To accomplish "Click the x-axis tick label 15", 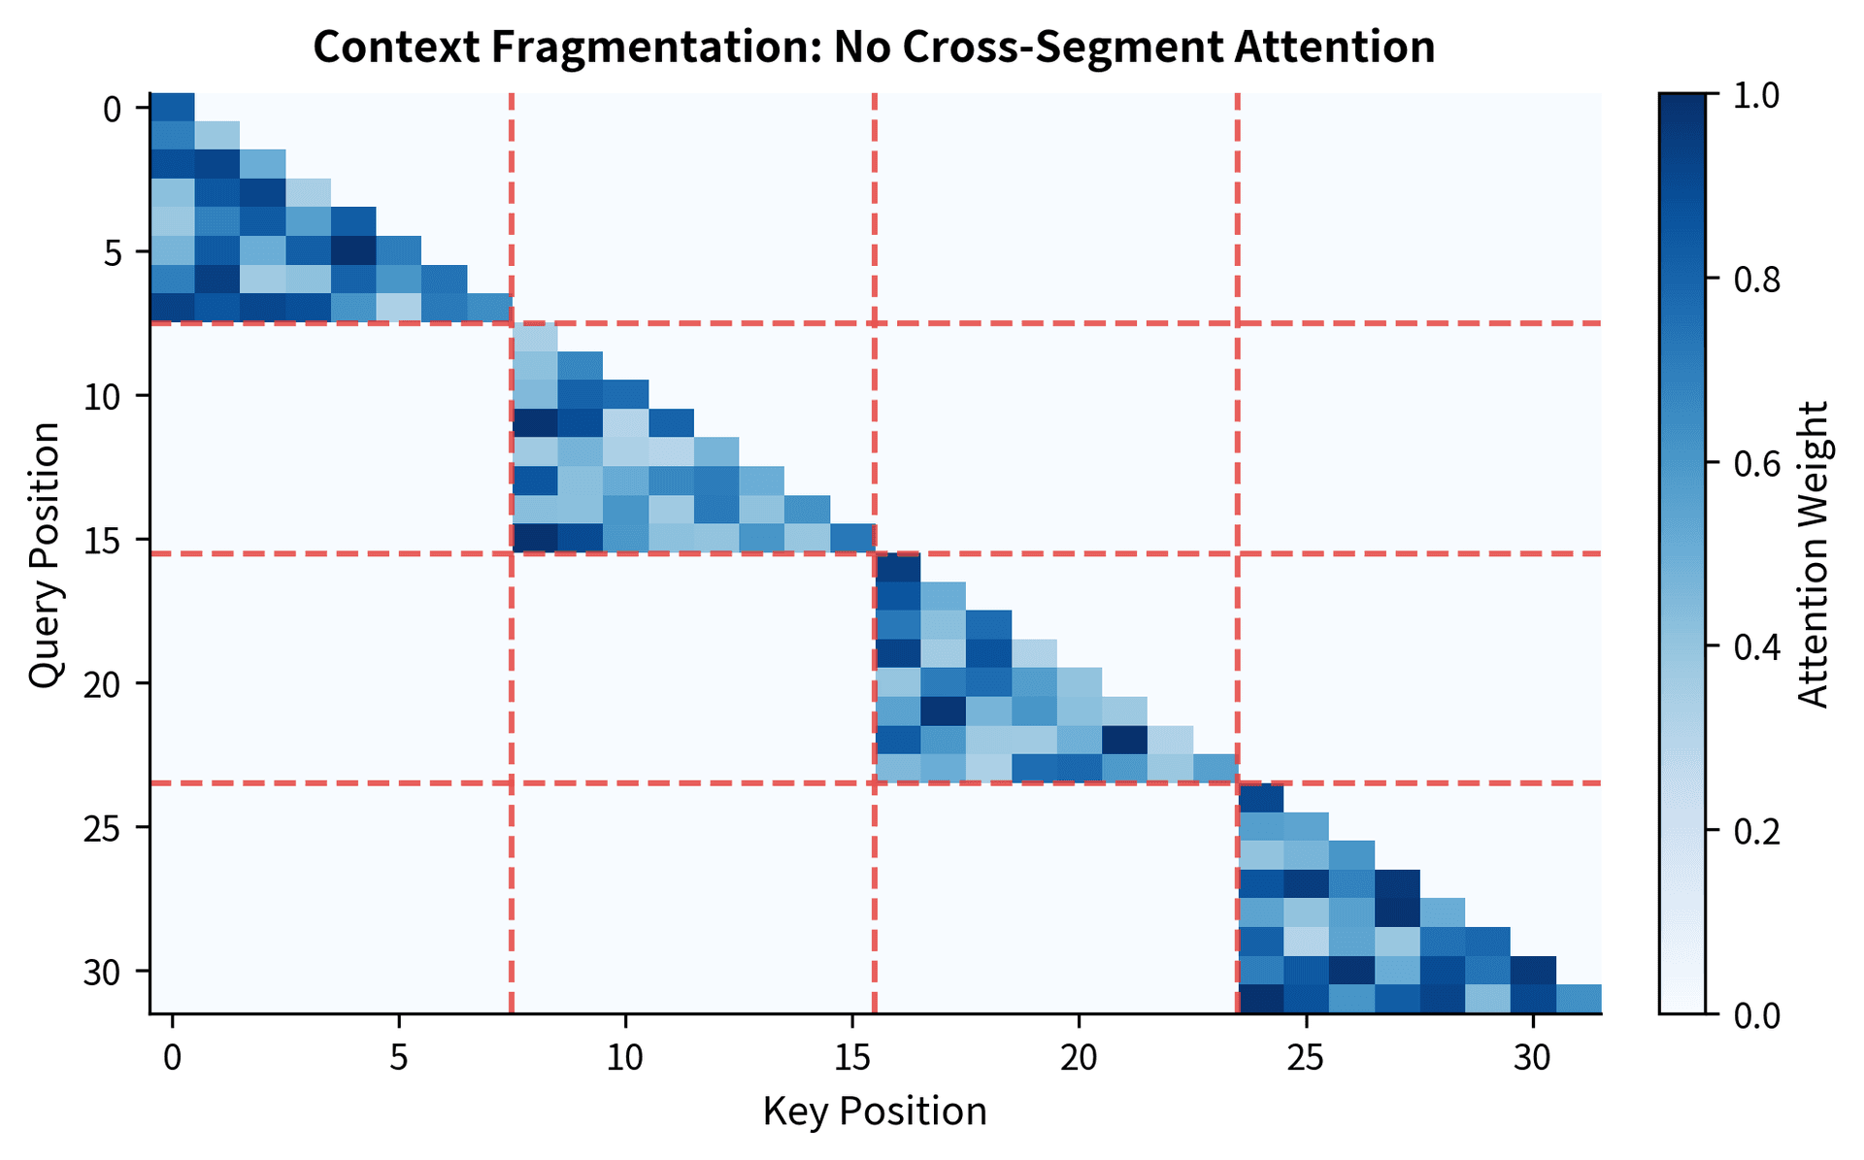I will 851,1056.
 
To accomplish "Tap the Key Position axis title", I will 874,1111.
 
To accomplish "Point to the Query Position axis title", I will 45,555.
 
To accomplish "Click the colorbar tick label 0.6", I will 1754,464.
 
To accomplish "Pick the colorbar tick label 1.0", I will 1754,95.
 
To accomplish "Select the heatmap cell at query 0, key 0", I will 173,107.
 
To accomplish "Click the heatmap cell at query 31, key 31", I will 1578,999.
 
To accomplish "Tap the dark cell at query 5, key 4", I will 353,250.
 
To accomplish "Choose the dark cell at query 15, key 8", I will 535,538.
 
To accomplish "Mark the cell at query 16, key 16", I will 897,567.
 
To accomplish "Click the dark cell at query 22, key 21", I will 1124,740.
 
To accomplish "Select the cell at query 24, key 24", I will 1260,797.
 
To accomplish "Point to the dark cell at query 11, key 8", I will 535,423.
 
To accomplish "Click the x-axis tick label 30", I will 1532,1056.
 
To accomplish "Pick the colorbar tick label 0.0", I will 1754,1015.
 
